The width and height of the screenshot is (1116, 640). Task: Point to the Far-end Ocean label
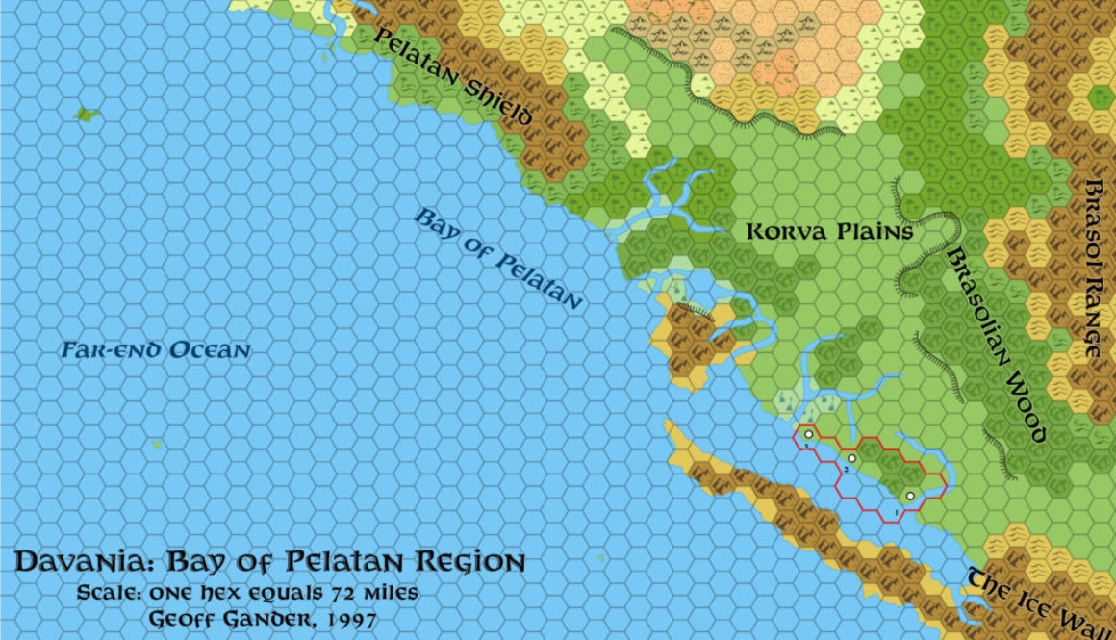click(155, 350)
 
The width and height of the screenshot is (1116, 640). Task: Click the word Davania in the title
click(81, 563)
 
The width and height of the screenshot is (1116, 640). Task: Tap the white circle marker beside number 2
click(851, 458)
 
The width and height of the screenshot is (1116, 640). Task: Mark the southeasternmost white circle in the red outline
click(909, 497)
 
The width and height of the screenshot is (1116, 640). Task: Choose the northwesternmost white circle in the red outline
click(809, 435)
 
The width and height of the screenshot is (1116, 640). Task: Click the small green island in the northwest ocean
click(88, 115)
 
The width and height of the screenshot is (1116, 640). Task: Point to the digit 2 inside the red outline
click(845, 469)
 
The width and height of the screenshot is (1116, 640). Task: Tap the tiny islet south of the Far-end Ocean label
click(157, 445)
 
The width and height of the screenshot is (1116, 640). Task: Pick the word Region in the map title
click(469, 563)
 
